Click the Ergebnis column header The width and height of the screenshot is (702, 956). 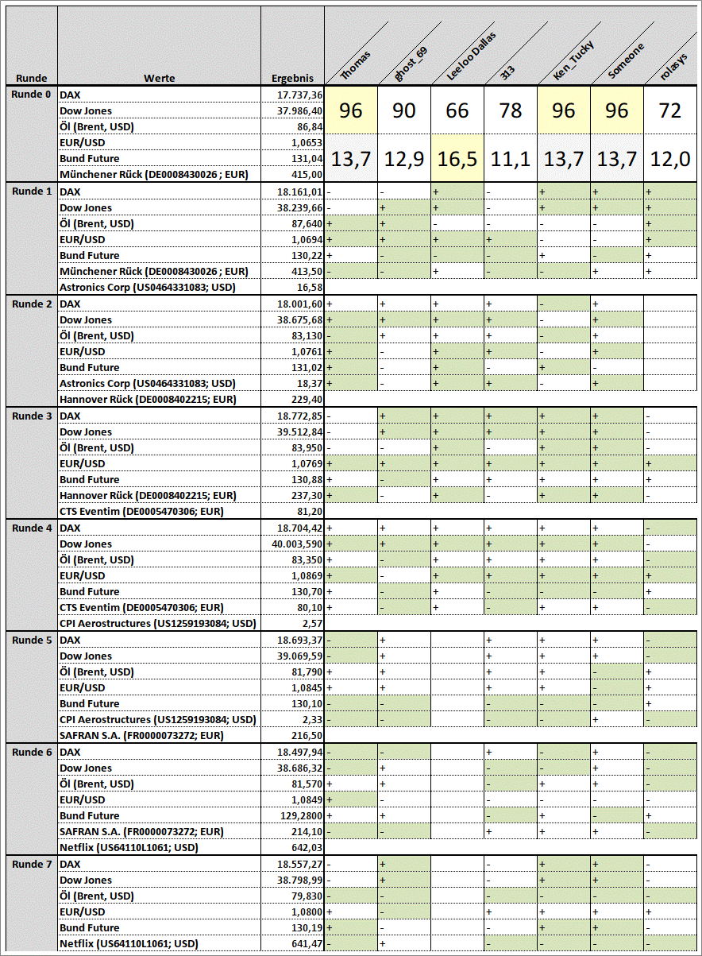tap(292, 78)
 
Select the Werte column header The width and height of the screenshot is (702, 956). tap(159, 78)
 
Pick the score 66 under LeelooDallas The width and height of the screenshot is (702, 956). tap(457, 110)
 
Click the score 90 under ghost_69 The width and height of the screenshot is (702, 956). tap(404, 110)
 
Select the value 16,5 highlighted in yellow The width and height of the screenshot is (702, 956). tap(457, 159)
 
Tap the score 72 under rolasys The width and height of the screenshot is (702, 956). tap(670, 110)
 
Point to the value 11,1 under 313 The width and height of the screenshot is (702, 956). tap(511, 159)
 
